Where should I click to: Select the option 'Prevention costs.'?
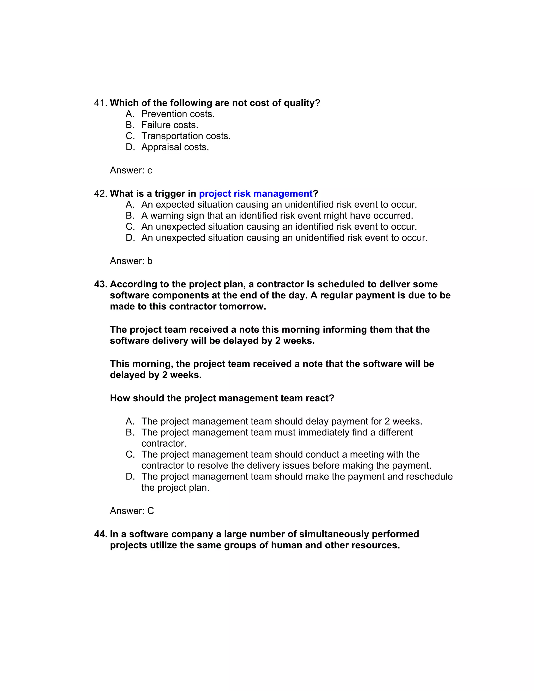click(x=178, y=114)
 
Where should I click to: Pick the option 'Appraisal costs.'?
click(x=175, y=147)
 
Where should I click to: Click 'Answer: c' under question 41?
click(x=131, y=170)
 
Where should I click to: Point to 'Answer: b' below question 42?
click(x=131, y=261)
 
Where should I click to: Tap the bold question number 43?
click(x=101, y=284)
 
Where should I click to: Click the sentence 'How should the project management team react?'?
click(x=222, y=398)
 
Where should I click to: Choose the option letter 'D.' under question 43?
click(x=130, y=476)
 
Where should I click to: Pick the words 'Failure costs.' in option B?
click(x=169, y=125)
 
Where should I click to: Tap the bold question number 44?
click(x=101, y=534)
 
